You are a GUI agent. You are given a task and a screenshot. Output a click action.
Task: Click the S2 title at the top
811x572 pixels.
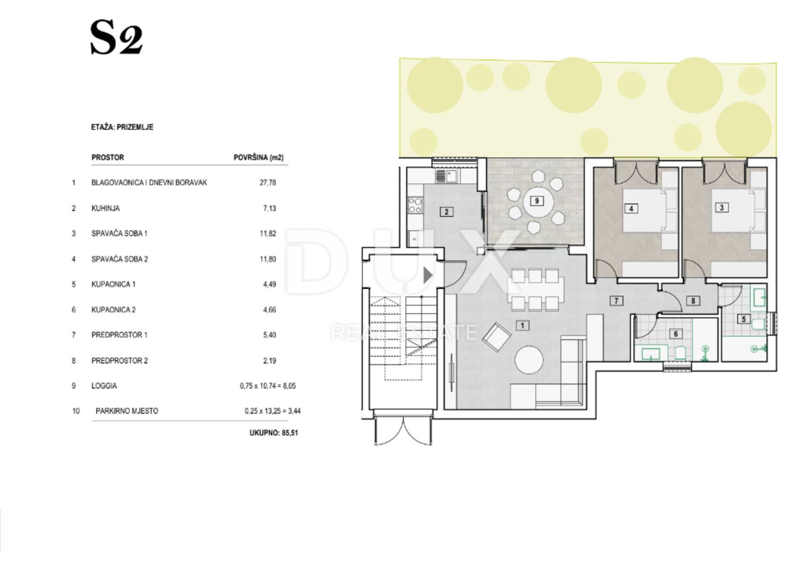click(116, 38)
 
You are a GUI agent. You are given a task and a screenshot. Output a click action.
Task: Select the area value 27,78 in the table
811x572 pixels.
click(268, 183)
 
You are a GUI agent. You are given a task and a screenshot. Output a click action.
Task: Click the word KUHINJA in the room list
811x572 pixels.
click(105, 208)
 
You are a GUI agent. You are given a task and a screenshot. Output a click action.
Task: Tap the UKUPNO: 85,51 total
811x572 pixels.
click(274, 433)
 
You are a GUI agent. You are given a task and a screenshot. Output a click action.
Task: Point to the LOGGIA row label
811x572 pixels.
click(104, 385)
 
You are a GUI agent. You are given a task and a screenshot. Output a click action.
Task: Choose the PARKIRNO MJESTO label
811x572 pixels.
click(127, 411)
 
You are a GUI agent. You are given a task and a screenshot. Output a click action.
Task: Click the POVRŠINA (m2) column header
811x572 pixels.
click(258, 157)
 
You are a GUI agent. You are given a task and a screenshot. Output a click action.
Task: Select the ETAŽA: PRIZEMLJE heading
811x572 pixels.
click(122, 127)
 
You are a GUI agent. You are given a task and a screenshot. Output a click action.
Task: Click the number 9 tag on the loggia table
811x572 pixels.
click(537, 201)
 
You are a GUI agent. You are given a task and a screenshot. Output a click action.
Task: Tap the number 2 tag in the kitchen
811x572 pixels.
click(447, 212)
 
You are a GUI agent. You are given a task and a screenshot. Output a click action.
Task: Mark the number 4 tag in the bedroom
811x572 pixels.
click(631, 209)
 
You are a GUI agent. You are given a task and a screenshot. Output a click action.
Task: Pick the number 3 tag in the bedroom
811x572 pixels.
click(722, 208)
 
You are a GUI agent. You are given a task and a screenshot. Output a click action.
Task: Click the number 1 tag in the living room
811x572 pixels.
click(522, 325)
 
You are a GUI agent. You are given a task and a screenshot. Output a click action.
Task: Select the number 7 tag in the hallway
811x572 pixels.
click(616, 301)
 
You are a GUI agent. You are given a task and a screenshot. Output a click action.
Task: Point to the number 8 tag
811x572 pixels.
click(693, 301)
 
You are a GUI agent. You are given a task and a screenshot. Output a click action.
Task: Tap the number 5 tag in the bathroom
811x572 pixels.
click(743, 319)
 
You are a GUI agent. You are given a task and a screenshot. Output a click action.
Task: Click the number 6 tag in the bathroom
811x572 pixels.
click(676, 334)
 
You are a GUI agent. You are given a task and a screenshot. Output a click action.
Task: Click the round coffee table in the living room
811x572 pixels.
click(529, 360)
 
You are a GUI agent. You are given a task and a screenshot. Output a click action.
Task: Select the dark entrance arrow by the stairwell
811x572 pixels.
click(428, 276)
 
